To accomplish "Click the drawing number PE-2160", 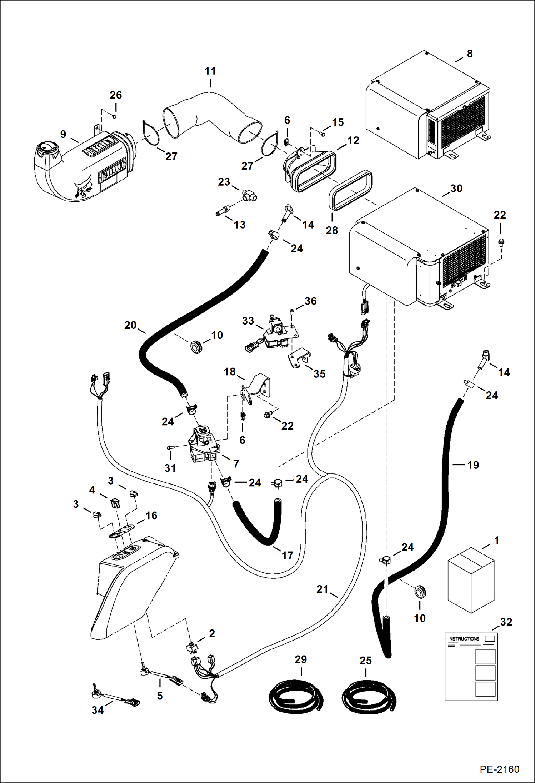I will click(499, 769).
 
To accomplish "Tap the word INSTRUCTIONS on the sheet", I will click(464, 639).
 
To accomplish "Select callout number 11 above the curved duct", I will click(210, 71).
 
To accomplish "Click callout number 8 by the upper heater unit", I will click(470, 54).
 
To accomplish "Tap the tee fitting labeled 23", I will click(250, 196).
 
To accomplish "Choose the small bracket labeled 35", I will click(299, 358).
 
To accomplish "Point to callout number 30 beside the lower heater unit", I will click(456, 189).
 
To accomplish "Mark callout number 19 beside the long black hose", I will click(473, 465).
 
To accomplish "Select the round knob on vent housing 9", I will click(46, 147).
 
